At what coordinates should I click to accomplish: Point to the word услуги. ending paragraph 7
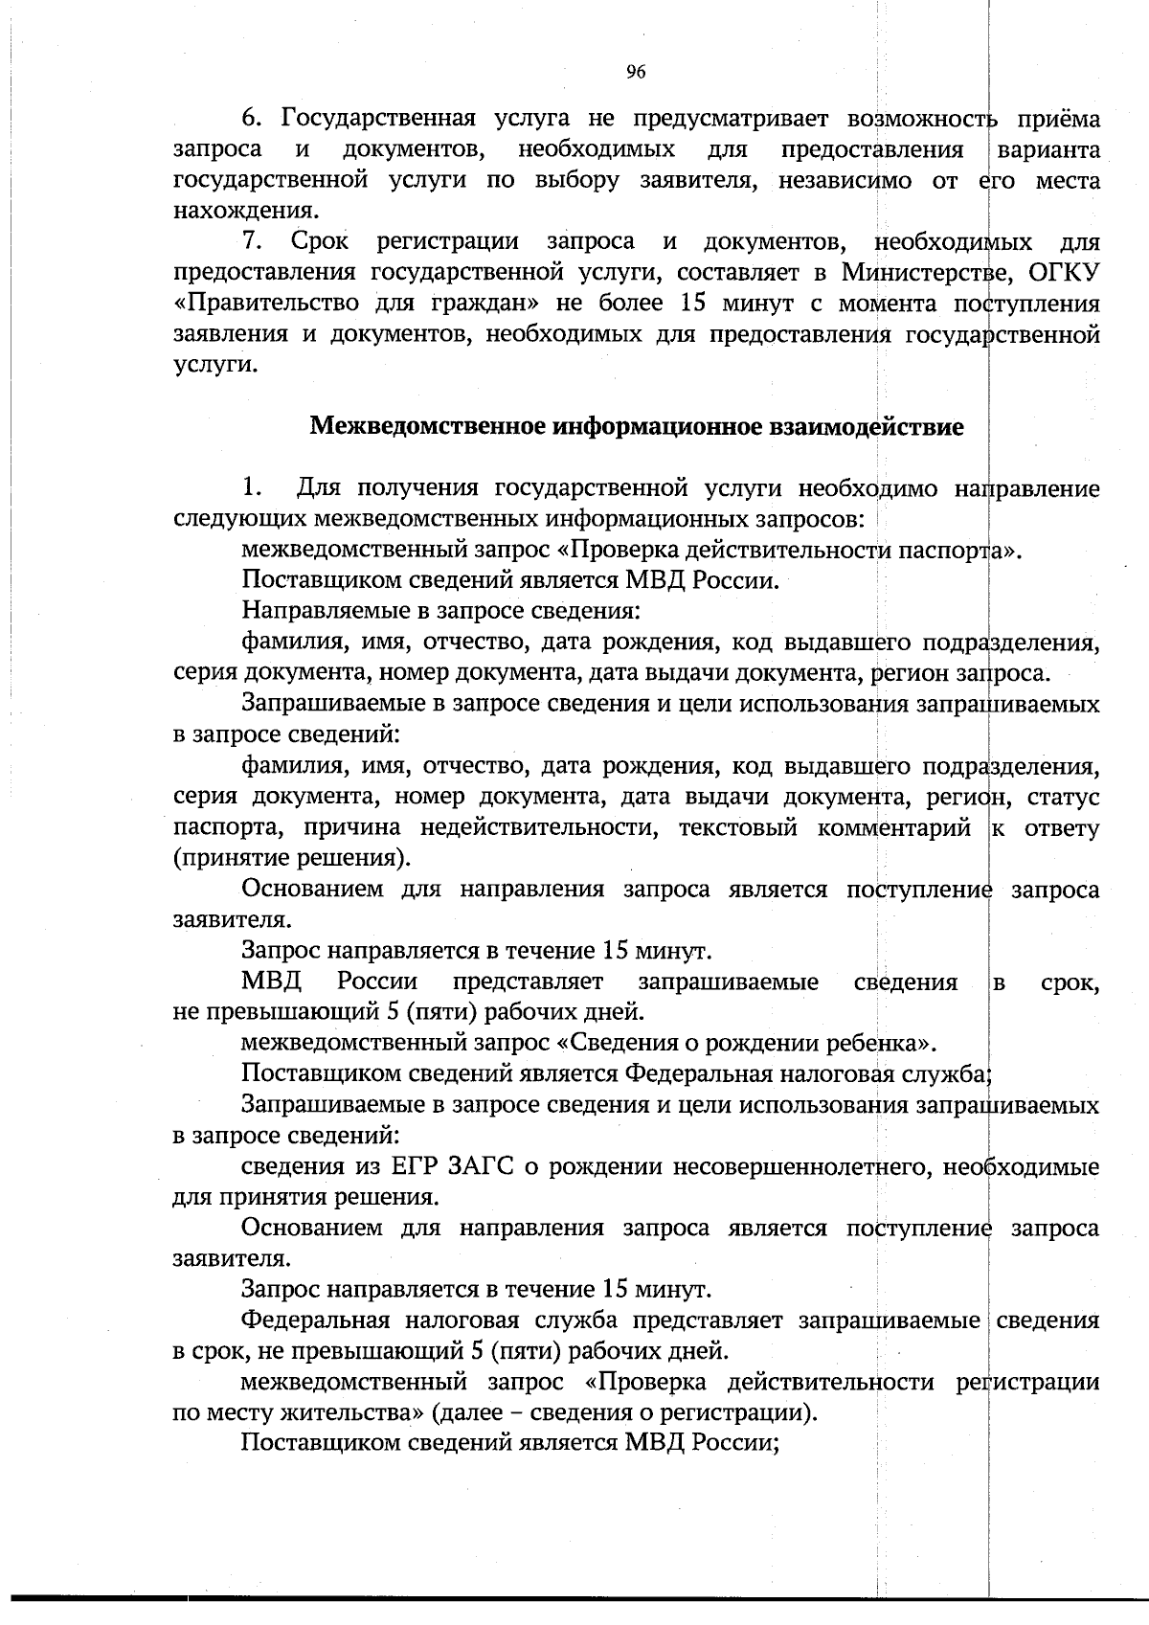tap(215, 365)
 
